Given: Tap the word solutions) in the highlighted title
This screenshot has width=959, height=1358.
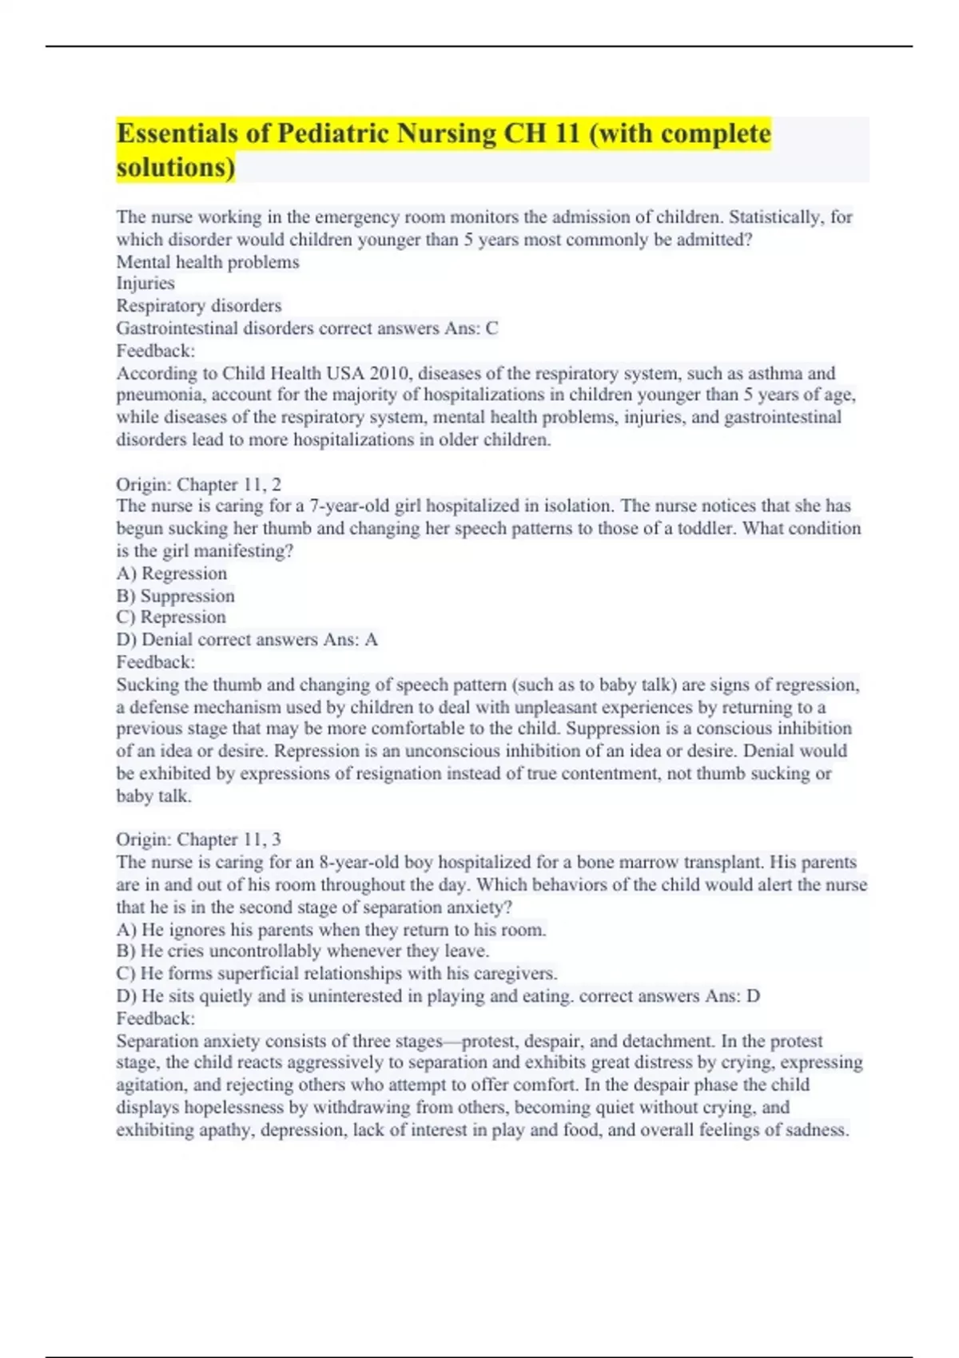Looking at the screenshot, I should point(176,168).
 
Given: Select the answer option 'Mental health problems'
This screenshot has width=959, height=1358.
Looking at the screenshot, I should point(208,262).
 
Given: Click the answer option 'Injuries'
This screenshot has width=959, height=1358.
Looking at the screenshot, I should point(145,284).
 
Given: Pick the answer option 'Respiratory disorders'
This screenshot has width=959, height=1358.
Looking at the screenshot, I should point(199,306).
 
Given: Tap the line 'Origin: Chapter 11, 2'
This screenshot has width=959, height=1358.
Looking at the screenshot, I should point(198,484).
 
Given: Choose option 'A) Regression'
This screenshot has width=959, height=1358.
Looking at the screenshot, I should point(172,574).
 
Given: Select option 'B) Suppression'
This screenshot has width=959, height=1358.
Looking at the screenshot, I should point(176,596).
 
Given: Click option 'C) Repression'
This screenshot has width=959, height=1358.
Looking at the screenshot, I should point(171,617).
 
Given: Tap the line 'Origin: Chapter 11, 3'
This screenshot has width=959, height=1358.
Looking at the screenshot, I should point(198,840).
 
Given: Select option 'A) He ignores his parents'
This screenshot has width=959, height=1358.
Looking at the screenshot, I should point(332,930).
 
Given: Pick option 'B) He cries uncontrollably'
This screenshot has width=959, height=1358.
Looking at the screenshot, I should point(303,951).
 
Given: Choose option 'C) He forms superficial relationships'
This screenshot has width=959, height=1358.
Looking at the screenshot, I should point(336,974).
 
